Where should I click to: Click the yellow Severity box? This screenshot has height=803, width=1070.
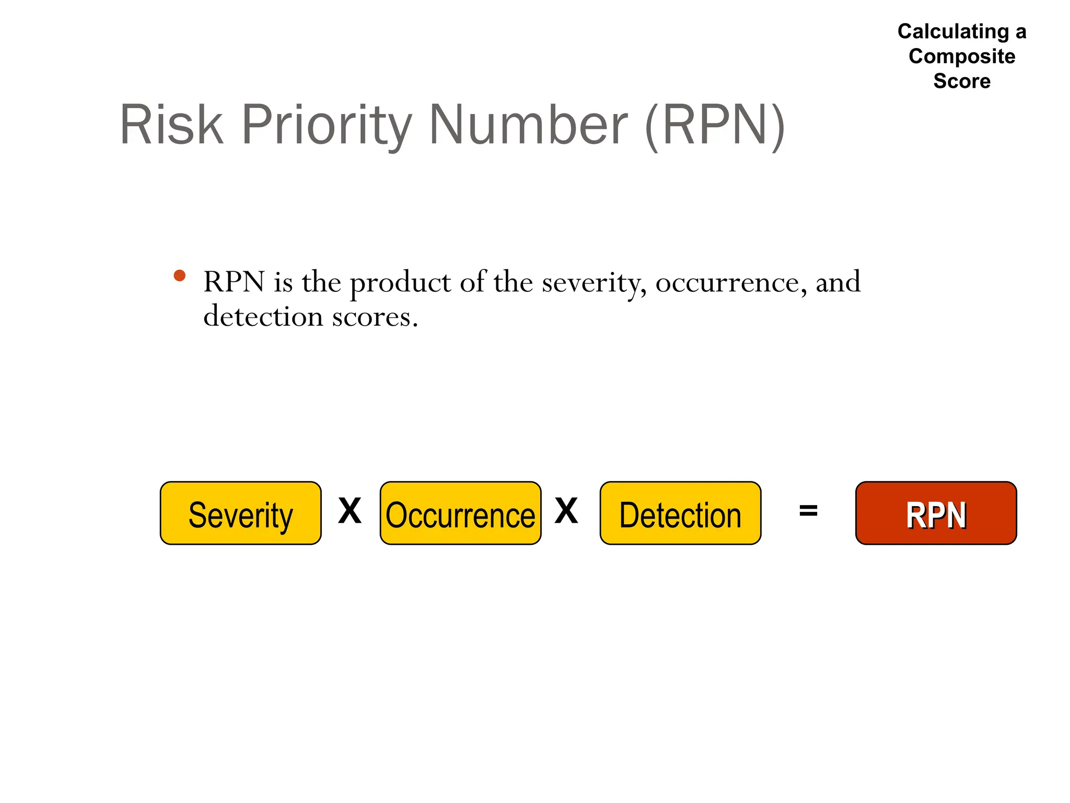[x=240, y=513]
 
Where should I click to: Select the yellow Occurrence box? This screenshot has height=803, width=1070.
[x=460, y=513]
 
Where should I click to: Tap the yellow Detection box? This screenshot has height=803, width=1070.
[x=680, y=513]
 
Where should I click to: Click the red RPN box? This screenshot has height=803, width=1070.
[x=936, y=513]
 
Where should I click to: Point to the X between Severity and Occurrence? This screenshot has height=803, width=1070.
[x=350, y=511]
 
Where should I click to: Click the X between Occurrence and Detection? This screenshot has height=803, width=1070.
[x=566, y=511]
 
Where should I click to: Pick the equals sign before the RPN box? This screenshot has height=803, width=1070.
[x=808, y=511]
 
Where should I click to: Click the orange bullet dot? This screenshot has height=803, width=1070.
[x=180, y=276]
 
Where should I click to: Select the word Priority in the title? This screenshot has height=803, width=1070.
[x=327, y=125]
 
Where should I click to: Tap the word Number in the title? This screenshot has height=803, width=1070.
[x=528, y=125]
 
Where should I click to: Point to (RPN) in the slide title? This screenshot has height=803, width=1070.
[x=715, y=125]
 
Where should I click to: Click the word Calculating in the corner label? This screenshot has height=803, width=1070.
[x=953, y=32]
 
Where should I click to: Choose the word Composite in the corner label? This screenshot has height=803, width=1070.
[x=962, y=56]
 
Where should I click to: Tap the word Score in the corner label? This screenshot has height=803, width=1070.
[x=962, y=81]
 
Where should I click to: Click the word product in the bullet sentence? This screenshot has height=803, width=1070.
[x=400, y=283]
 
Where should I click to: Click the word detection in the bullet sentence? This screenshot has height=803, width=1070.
[x=263, y=317]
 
